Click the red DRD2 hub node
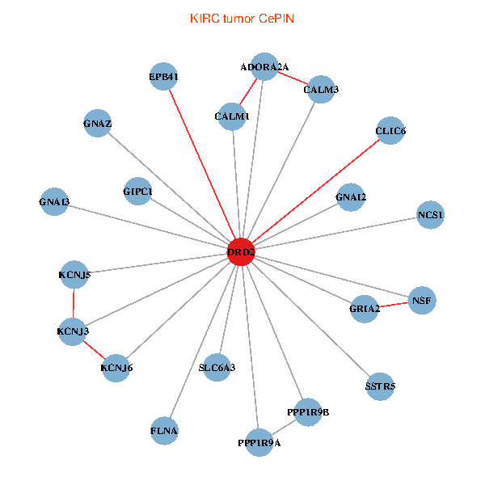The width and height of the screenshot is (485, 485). (241, 252)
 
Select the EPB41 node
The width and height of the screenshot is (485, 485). (164, 77)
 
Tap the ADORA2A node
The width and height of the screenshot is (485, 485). (264, 66)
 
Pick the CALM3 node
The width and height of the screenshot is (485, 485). (321, 89)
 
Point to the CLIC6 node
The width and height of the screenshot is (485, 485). (390, 130)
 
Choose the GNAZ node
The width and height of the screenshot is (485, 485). (97, 124)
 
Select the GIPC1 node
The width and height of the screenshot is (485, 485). (138, 191)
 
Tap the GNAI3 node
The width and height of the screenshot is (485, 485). (54, 201)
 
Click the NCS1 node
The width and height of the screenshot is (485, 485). (431, 215)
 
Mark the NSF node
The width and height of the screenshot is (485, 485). (422, 300)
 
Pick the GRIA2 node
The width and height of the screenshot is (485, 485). (365, 309)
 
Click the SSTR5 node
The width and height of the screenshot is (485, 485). (380, 386)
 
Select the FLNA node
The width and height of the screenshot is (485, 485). (164, 430)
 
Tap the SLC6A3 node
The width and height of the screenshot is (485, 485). (217, 368)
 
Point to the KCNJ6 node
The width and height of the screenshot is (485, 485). (116, 368)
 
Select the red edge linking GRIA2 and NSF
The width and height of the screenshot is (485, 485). (394, 304)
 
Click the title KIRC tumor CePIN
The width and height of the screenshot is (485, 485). (242, 18)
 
